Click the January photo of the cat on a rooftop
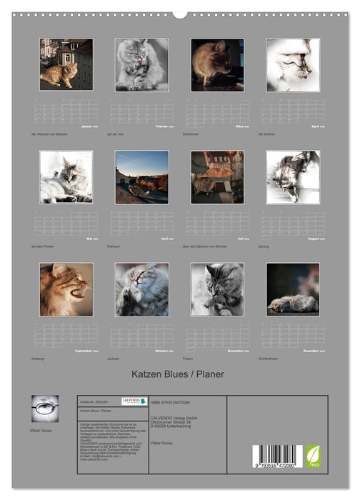(x=66, y=64)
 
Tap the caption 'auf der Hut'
(x=116, y=134)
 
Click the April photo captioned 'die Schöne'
(x=293, y=64)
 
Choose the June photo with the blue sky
(x=141, y=176)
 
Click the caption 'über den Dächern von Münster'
(x=208, y=246)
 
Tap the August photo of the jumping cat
(x=293, y=176)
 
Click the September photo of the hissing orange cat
(x=66, y=289)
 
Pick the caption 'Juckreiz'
(x=114, y=358)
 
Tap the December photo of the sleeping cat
(x=293, y=289)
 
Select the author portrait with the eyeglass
(x=45, y=409)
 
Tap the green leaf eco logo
(x=314, y=456)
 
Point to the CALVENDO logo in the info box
(x=134, y=401)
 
